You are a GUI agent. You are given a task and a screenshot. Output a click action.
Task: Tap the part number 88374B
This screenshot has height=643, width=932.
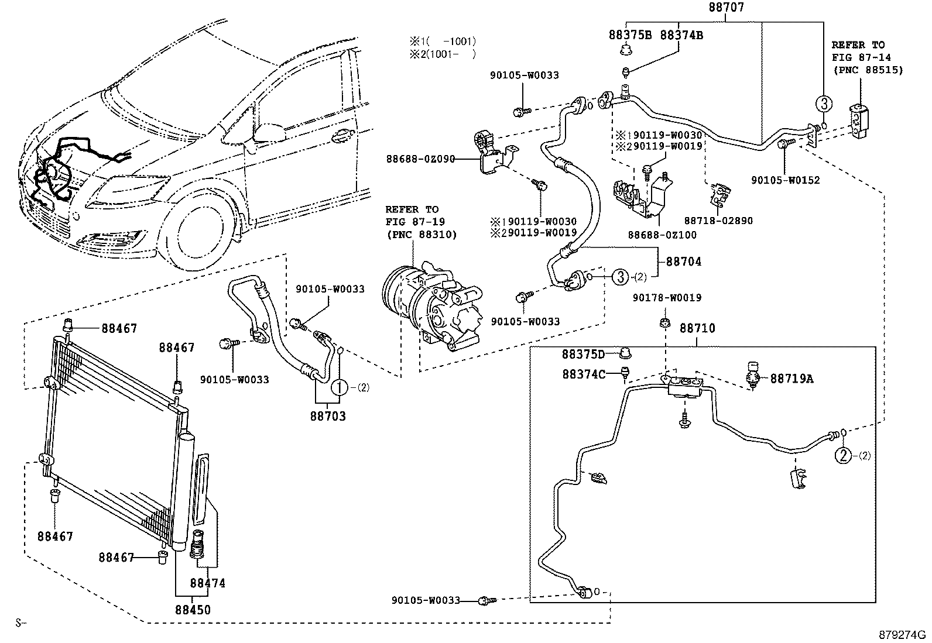coord(681,35)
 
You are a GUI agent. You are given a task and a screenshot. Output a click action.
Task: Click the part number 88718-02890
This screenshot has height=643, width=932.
coord(718,221)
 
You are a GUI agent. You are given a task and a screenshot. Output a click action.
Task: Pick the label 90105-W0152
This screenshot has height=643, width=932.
coord(786,180)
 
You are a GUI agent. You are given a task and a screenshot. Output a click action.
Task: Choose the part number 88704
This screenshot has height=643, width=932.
coord(684,262)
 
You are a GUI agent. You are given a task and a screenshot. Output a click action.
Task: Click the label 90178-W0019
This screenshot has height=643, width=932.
coord(666,298)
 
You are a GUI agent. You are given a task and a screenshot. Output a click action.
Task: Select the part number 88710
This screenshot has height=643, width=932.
coord(697,329)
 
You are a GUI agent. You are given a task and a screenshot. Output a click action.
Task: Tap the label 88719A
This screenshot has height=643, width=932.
coord(791,379)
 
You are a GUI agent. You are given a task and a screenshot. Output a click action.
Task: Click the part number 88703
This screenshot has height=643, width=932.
coord(328,417)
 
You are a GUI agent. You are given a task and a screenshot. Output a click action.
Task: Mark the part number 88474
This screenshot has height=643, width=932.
coord(207,583)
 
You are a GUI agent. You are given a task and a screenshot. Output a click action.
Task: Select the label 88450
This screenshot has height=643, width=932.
coord(193,610)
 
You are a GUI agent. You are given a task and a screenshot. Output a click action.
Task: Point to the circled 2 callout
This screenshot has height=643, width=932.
coord(842,455)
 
